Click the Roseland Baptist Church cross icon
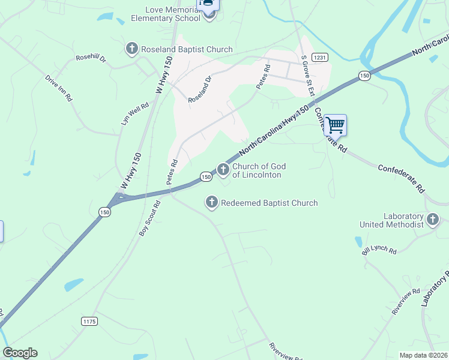click(x=131, y=48)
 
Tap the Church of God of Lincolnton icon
click(x=223, y=170)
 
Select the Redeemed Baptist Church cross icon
click(x=211, y=203)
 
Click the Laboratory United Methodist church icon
click(x=433, y=220)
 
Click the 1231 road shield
click(x=319, y=57)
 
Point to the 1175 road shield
click(x=89, y=322)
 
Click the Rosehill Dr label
click(x=91, y=59)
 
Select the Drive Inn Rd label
click(x=58, y=88)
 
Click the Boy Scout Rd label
click(x=150, y=218)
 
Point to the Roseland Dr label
click(x=200, y=89)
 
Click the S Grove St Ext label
click(x=308, y=75)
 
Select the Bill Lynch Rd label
click(x=379, y=250)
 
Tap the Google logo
click(x=20, y=353)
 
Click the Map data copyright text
click(x=423, y=355)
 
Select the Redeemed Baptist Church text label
click(x=270, y=203)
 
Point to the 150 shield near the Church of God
click(x=206, y=176)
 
